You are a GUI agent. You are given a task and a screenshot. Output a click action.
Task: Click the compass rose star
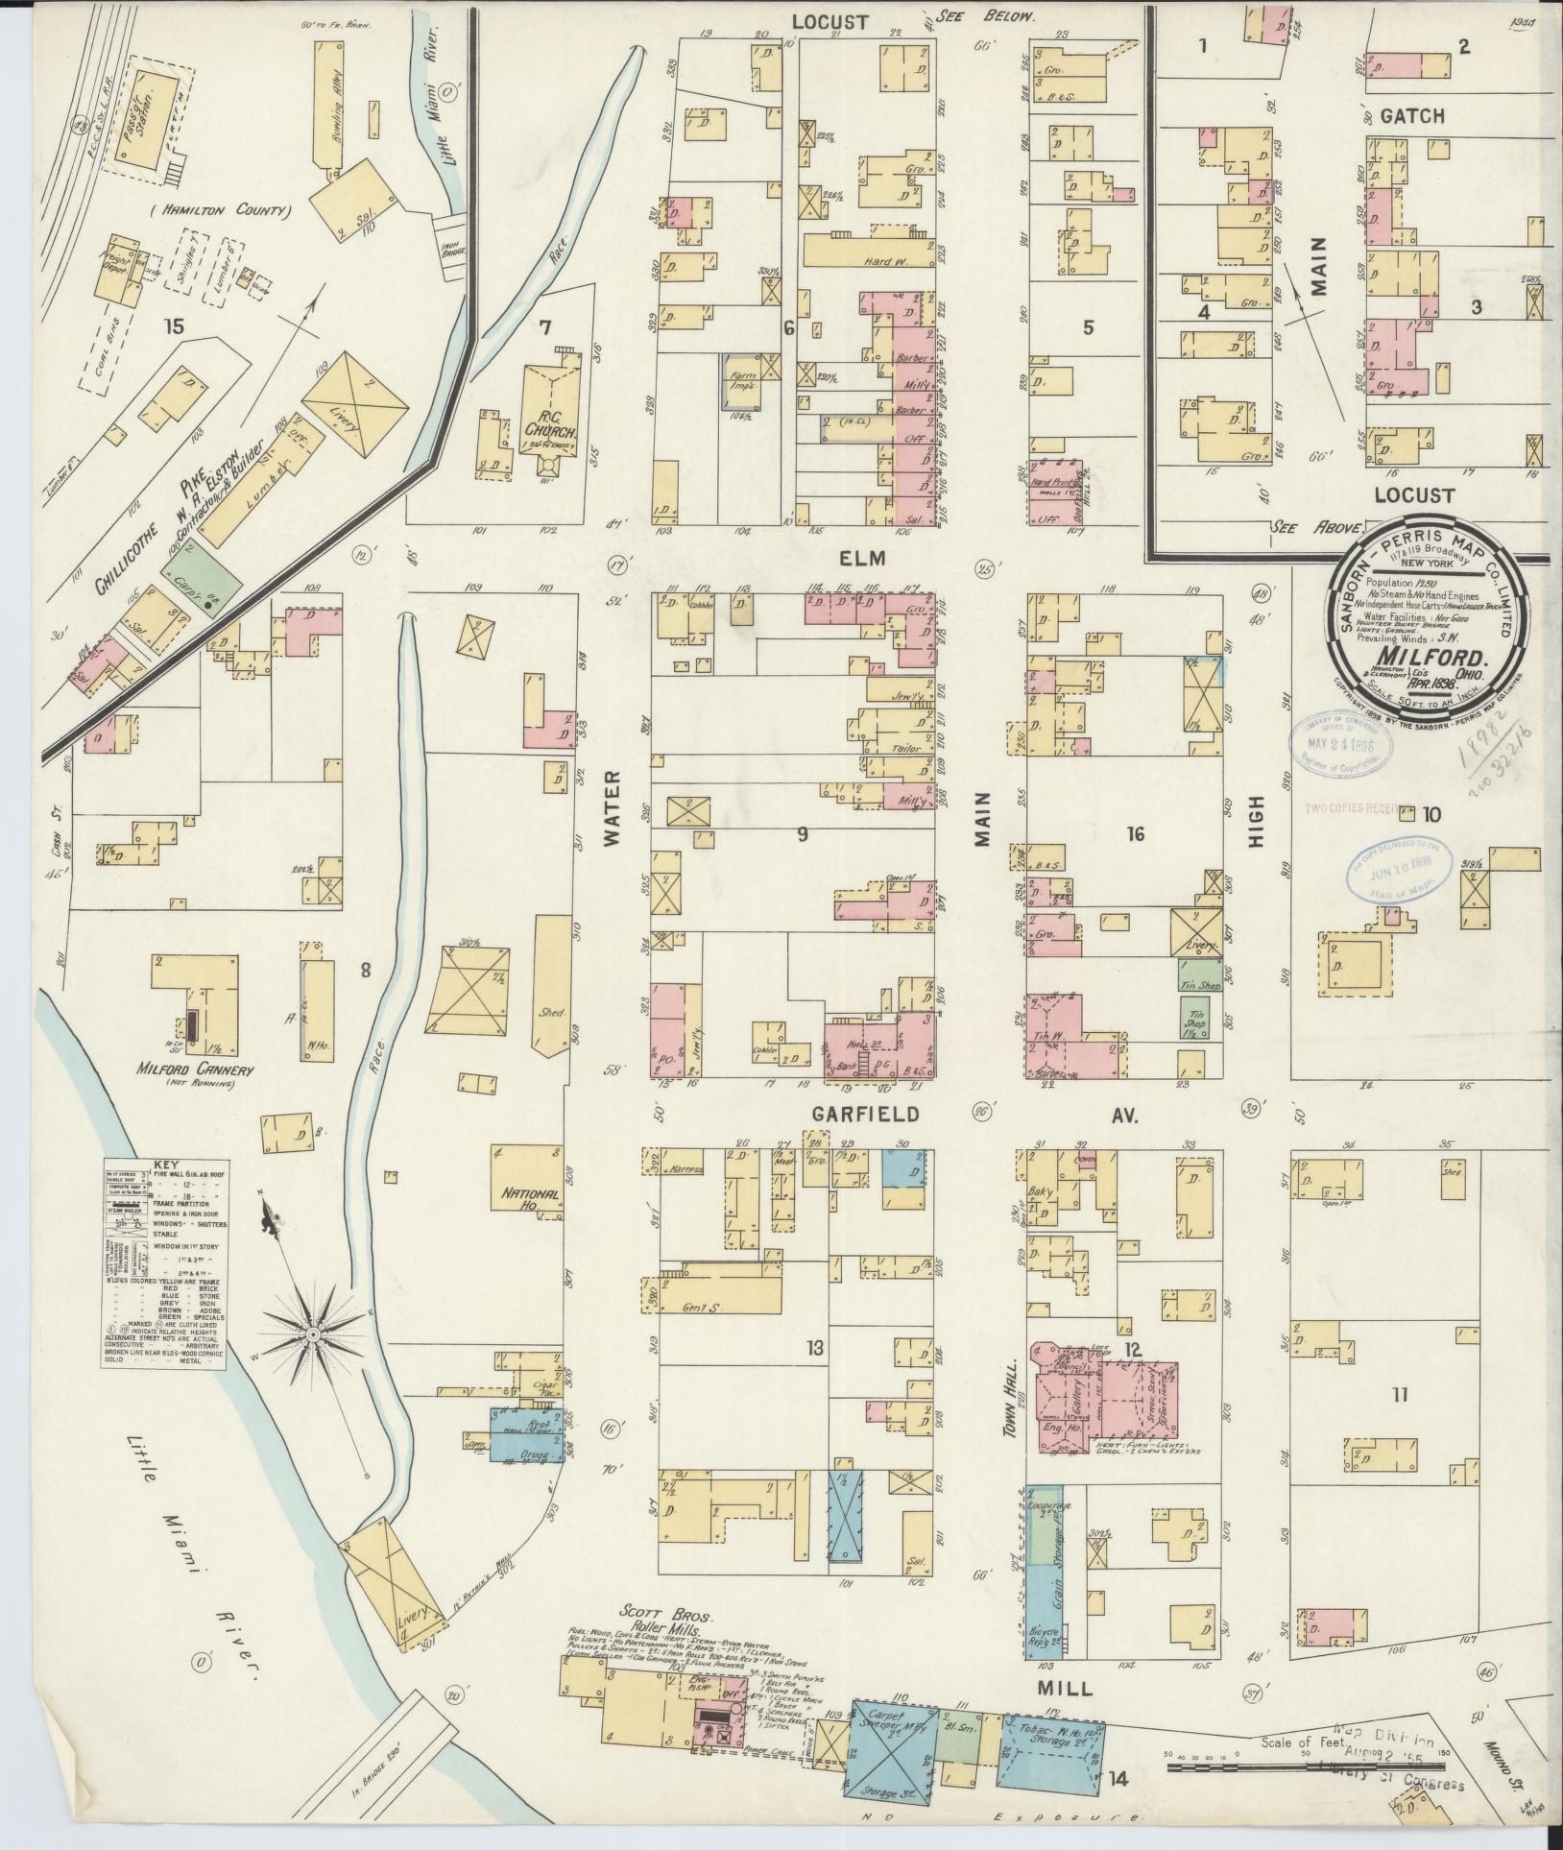tap(313, 1335)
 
